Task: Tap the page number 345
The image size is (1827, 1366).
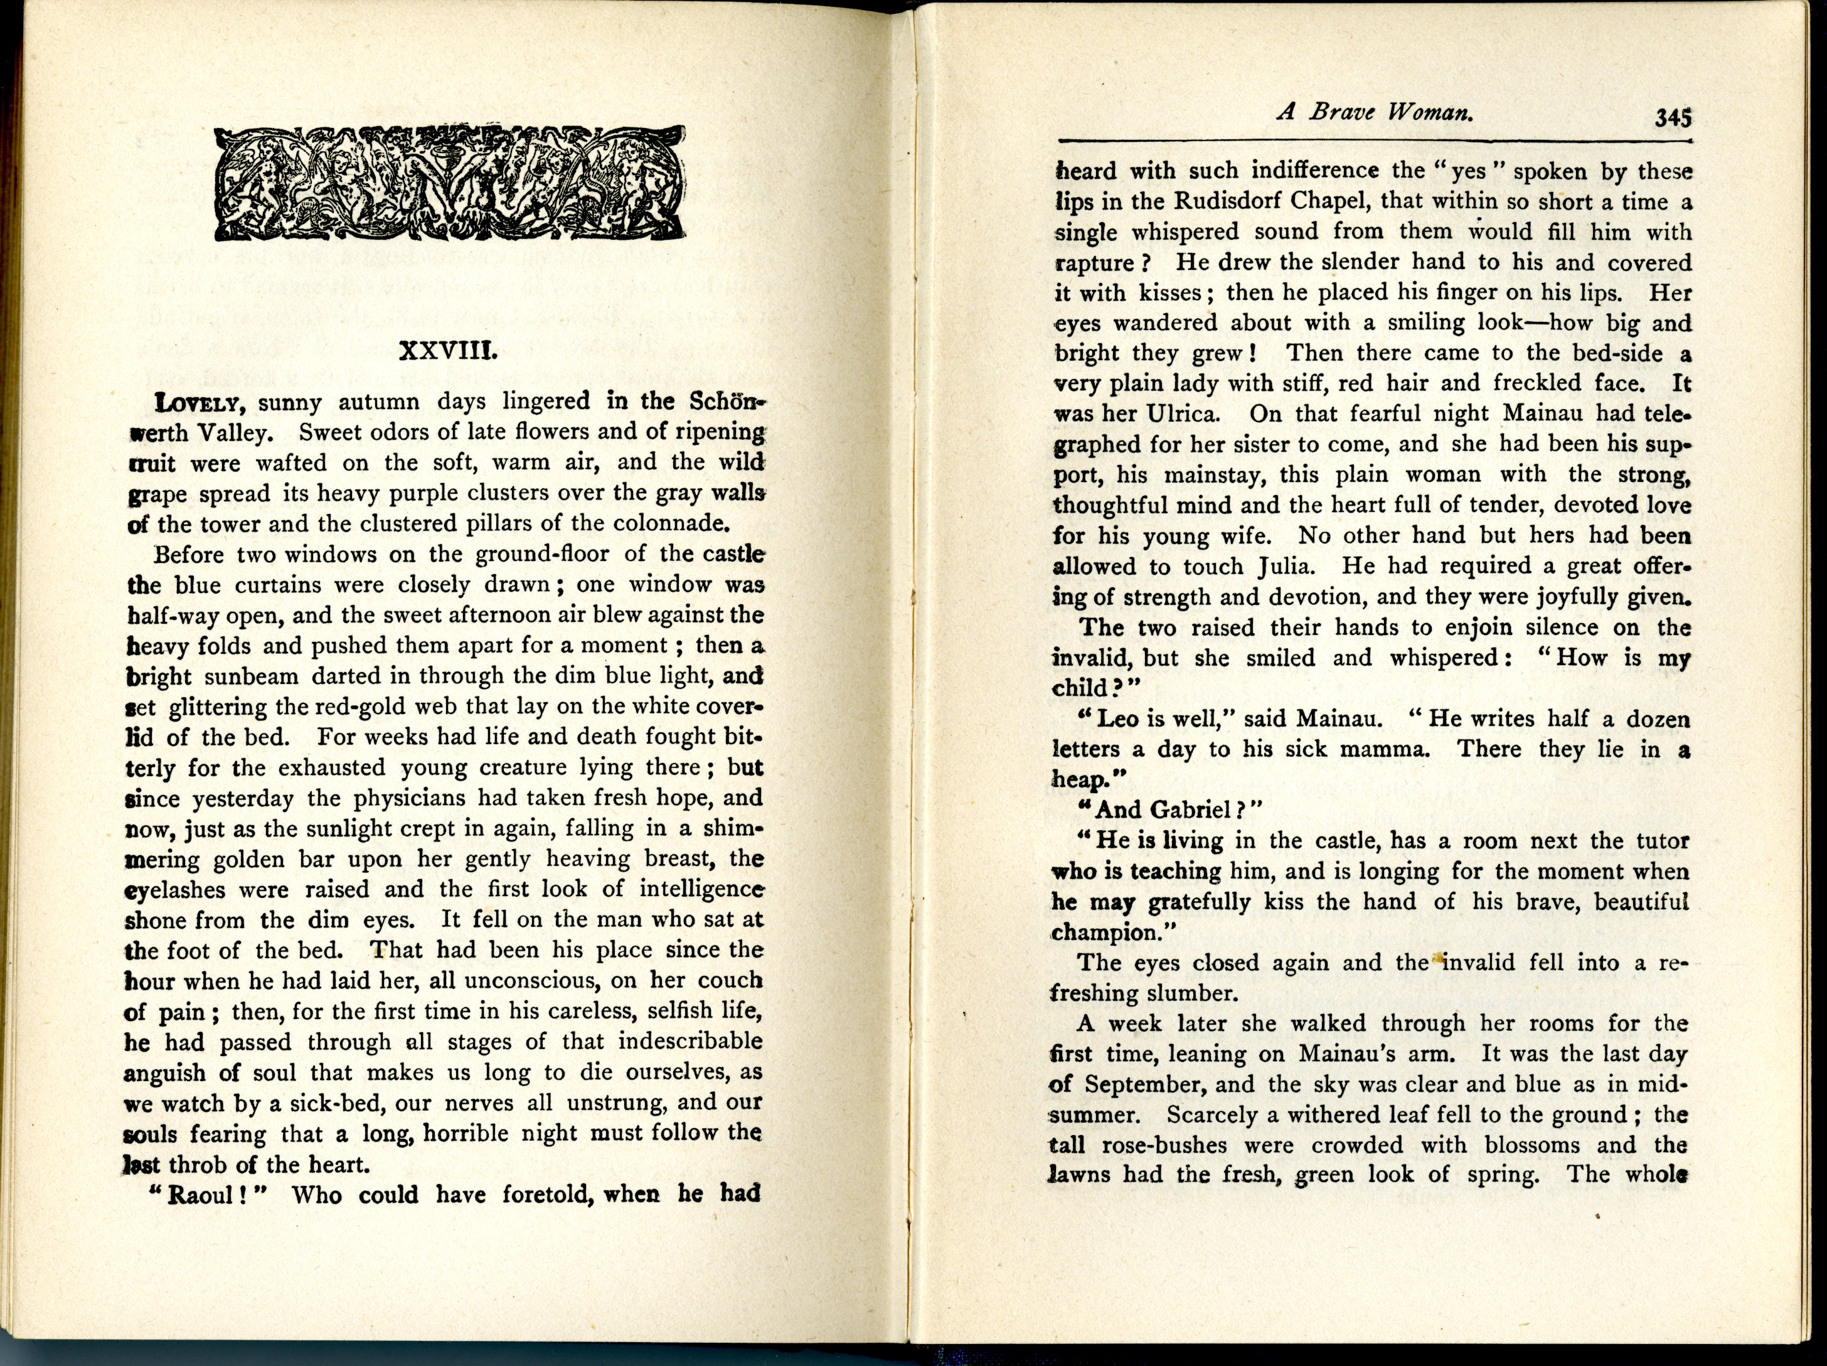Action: click(1673, 118)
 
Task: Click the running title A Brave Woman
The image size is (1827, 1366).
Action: click(1375, 113)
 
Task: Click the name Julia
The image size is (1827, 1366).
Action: click(1292, 567)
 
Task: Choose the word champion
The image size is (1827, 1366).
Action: click(1101, 932)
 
